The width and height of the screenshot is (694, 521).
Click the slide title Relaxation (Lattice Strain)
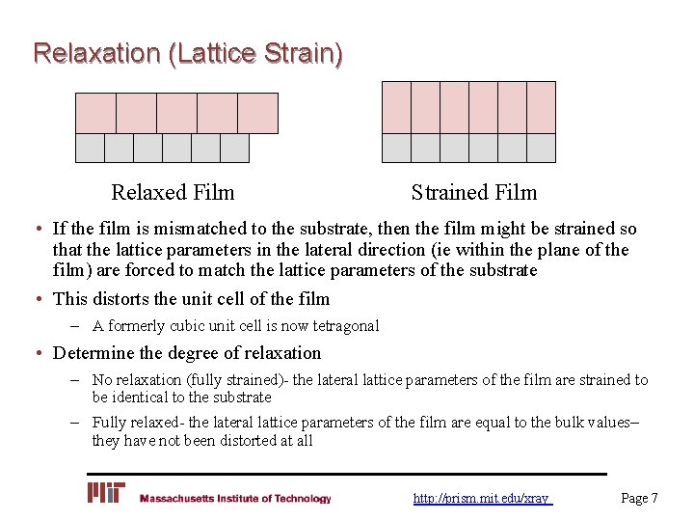tap(187, 52)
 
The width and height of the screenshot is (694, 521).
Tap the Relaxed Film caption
tap(173, 193)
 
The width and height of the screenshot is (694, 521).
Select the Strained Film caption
tap(473, 193)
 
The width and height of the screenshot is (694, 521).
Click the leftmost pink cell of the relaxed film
tap(95, 113)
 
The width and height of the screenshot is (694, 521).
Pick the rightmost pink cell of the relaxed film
tap(257, 113)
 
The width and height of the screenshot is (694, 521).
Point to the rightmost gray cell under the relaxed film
tap(234, 148)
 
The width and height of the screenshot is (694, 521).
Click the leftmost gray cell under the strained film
tap(397, 148)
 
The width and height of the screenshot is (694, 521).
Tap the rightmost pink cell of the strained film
tap(541, 107)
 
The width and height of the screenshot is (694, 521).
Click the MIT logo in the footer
tap(106, 494)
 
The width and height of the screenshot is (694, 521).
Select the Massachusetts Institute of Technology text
tap(235, 499)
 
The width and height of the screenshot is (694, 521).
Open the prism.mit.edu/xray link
tap(481, 499)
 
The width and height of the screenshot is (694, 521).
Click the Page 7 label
tap(639, 499)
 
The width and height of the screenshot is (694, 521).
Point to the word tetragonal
tap(342, 326)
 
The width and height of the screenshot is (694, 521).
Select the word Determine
tap(95, 353)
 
